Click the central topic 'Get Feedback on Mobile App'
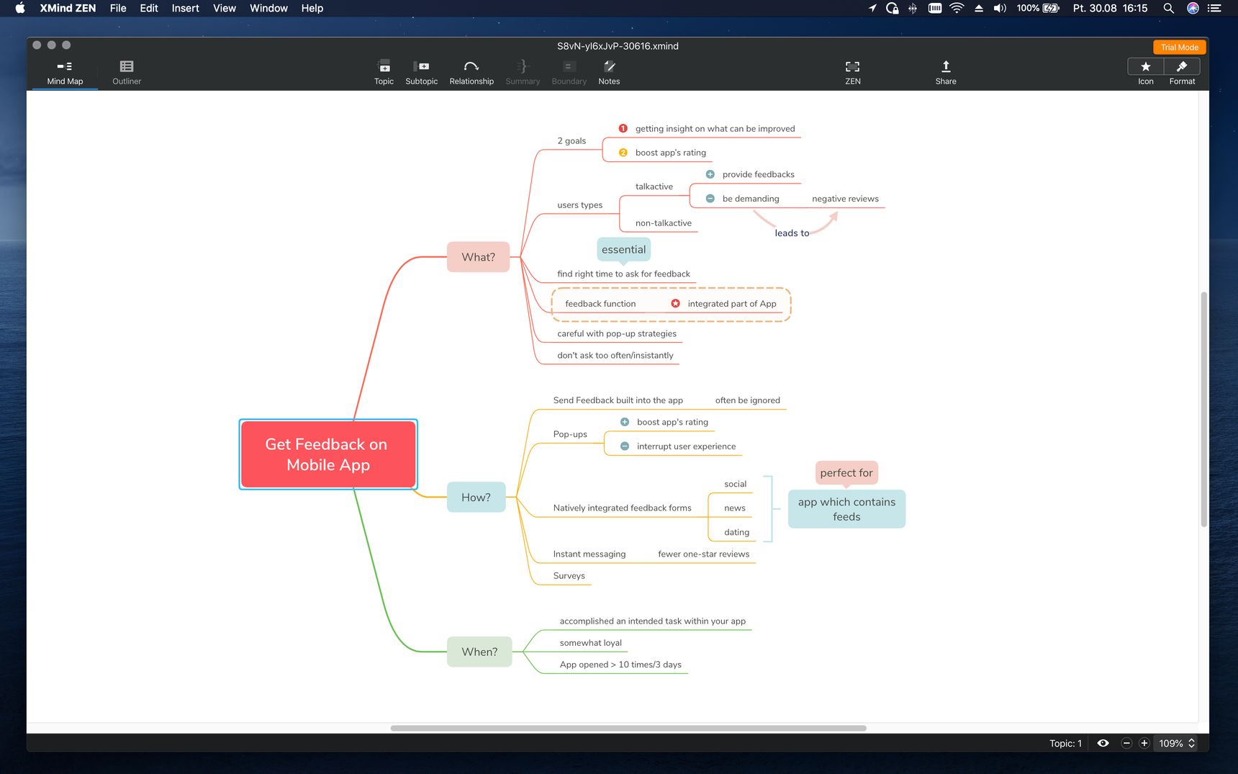coord(328,454)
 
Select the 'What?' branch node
coord(479,257)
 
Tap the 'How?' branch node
coord(476,498)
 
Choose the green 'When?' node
coord(479,652)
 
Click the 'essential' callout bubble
coord(624,249)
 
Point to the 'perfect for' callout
coord(846,473)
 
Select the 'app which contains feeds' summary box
coord(846,509)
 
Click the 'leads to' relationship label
coord(792,233)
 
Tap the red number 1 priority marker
coord(623,129)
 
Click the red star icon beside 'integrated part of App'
coord(675,304)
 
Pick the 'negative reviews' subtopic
coord(845,199)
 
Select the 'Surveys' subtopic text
coord(569,576)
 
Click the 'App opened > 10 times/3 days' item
coord(620,665)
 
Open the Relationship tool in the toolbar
coord(471,73)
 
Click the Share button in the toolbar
coord(946,73)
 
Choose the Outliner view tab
coord(127,73)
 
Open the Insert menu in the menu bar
coord(185,8)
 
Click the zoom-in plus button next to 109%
coord(1144,743)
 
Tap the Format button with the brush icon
coord(1182,73)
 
